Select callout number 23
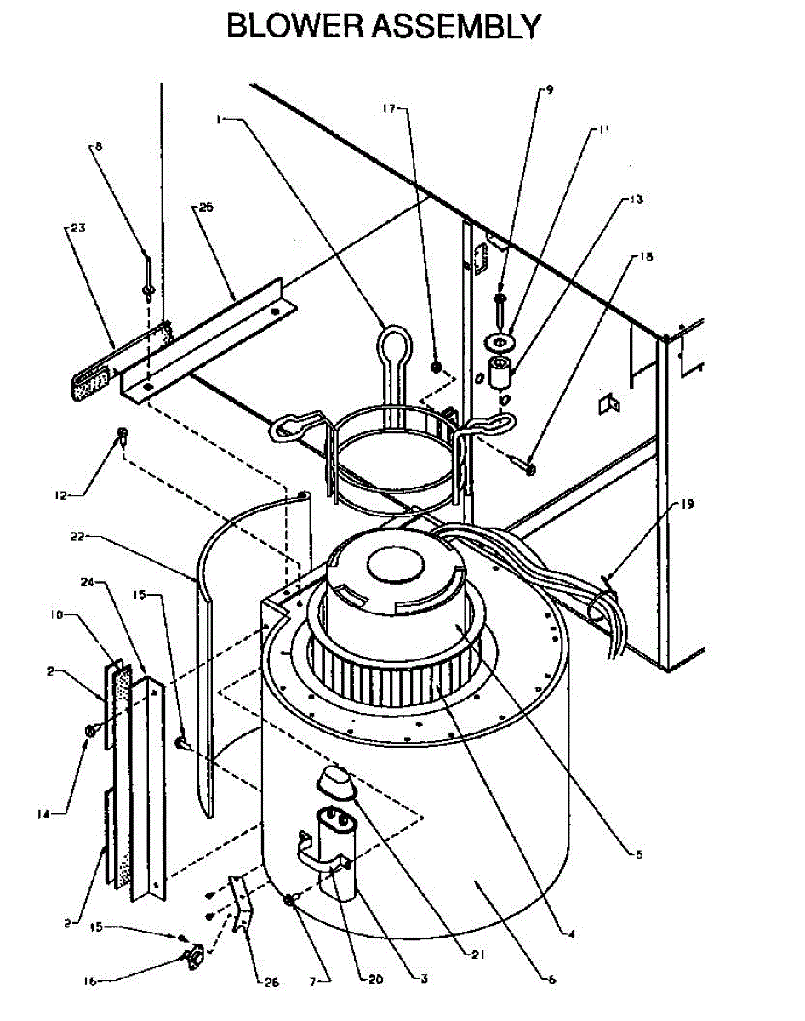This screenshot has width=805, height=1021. click(77, 228)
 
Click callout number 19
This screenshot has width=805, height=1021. click(687, 504)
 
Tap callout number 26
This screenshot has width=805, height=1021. click(271, 983)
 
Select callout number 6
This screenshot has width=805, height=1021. click(551, 980)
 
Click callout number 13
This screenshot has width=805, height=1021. click(637, 201)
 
